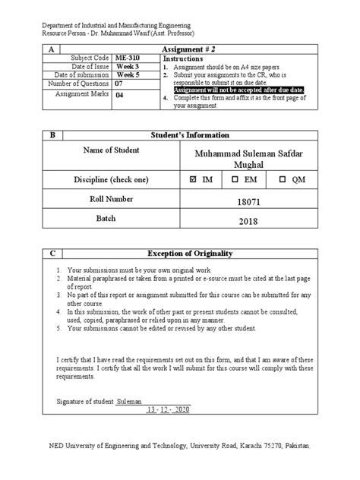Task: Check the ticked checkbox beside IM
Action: (192, 179)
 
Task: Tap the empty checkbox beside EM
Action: (235, 179)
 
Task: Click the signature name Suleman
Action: (129, 400)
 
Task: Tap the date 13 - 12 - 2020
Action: (172, 410)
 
